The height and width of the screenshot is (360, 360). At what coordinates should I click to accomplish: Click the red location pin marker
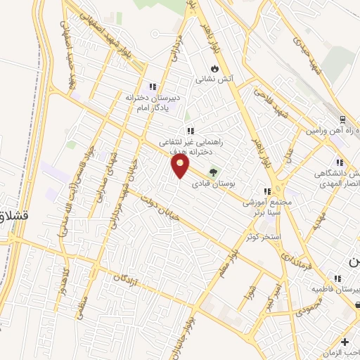coord(181,167)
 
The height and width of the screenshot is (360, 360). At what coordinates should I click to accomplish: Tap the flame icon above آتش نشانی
coord(214,69)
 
